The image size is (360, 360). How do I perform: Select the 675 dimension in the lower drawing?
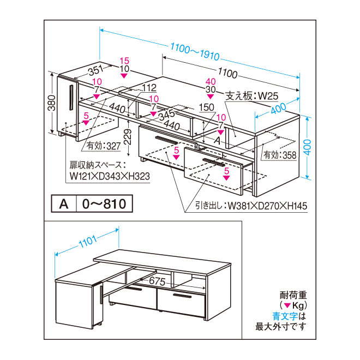point(157,281)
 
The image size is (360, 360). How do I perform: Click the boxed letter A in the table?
point(63,204)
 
